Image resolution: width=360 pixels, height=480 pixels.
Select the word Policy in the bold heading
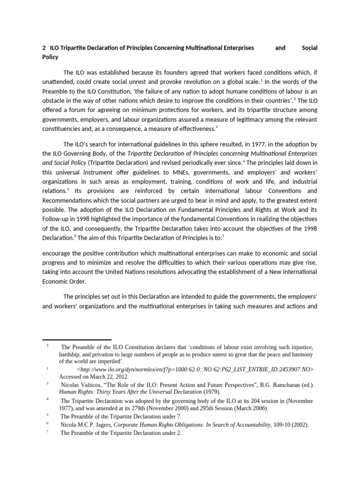point(50,57)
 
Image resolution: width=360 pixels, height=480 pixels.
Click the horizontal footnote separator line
point(77,339)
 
